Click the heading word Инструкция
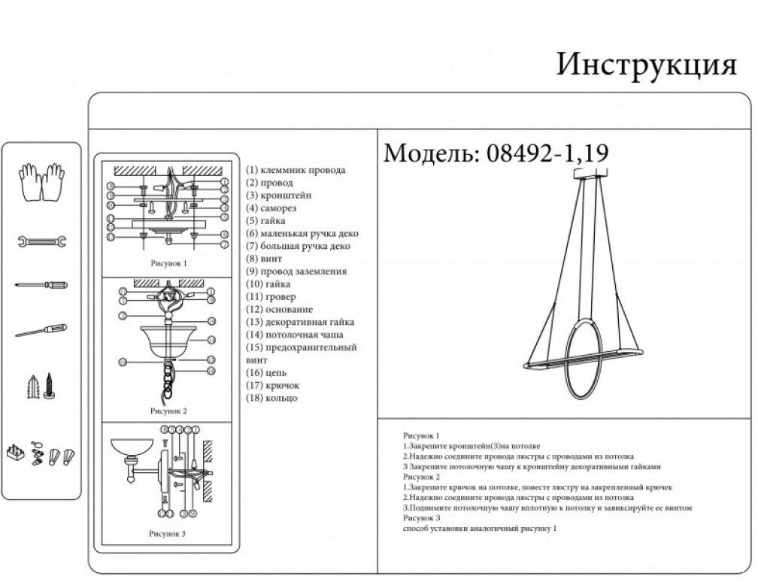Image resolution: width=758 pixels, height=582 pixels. pyautogui.click(x=645, y=66)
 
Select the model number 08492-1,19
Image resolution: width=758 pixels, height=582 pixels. pyautogui.click(x=547, y=153)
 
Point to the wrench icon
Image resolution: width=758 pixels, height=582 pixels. pyautogui.click(x=42, y=241)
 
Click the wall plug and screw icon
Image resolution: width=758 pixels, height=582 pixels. pyautogui.click(x=42, y=386)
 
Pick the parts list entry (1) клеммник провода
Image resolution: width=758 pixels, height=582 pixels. pyautogui.click(x=296, y=170)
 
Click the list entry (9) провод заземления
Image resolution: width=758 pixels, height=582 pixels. pyautogui.click(x=296, y=271)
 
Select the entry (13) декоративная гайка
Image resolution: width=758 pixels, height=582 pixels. pyautogui.click(x=301, y=322)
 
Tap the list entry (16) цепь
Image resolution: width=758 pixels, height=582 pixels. pyautogui.click(x=266, y=372)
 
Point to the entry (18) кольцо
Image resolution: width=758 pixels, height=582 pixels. pyautogui.click(x=271, y=398)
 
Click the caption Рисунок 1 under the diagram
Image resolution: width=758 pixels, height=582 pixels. pyautogui.click(x=169, y=264)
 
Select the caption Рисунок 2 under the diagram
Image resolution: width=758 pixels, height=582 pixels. pyautogui.click(x=169, y=411)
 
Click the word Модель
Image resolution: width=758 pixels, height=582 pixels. pyautogui.click(x=427, y=153)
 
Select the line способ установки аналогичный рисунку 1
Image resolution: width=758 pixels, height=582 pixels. pyautogui.click(x=480, y=529)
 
